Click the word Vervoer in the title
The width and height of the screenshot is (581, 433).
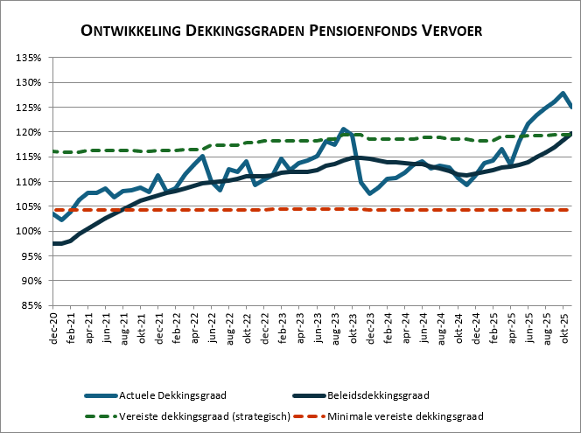(x=451, y=31)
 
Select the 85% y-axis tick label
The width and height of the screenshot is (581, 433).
(x=31, y=305)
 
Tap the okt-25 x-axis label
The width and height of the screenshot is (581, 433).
(x=566, y=327)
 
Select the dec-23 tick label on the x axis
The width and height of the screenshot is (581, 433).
(x=372, y=327)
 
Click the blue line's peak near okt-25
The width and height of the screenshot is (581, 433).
(x=563, y=94)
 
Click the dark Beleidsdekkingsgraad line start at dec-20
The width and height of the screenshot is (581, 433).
(x=55, y=243)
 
